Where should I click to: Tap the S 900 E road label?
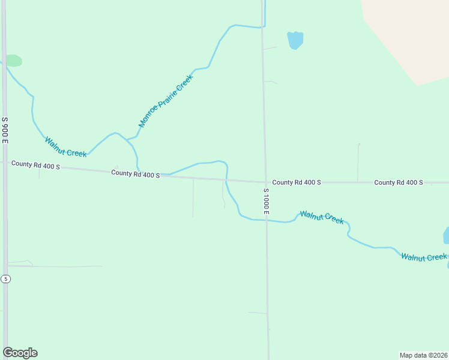5,130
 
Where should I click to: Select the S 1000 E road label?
267,201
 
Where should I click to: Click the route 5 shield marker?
5,278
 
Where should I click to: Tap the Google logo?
20,353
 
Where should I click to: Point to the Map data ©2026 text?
423,355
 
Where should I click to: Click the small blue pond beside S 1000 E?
295,40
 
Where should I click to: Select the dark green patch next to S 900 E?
13,61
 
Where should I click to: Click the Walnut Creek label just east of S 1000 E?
322,217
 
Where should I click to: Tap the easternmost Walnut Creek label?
424,257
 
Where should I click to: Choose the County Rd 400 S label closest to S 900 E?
35,164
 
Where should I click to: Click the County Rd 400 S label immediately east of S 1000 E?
297,182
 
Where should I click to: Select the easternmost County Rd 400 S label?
399,182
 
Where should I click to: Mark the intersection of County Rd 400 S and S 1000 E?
265,182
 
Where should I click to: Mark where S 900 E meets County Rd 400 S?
5,162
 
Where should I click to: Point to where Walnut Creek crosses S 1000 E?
267,220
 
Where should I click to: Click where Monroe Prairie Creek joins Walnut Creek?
127,140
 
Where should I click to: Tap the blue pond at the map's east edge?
446,235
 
